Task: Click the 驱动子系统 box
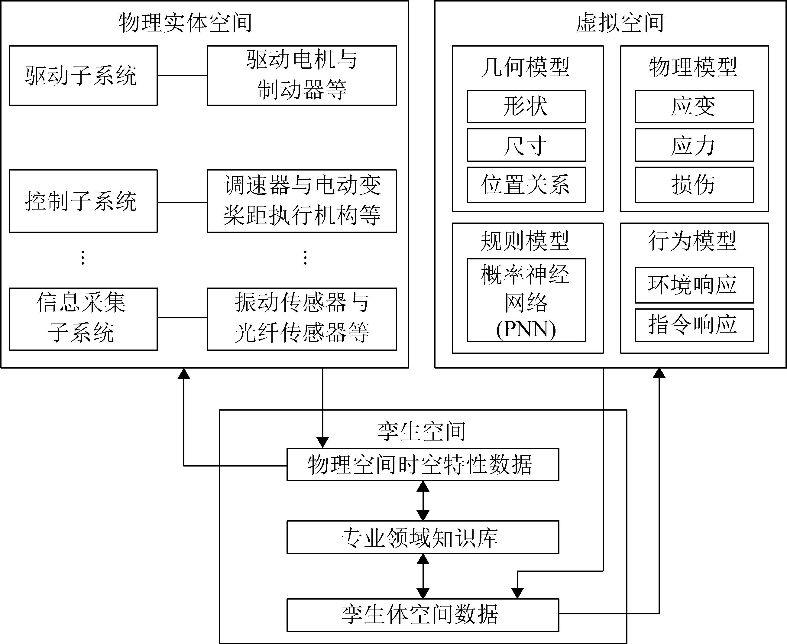click(x=83, y=76)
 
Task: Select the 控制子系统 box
click(x=83, y=201)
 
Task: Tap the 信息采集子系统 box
click(x=83, y=319)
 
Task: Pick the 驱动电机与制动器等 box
click(x=302, y=76)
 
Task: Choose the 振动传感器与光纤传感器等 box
click(x=302, y=319)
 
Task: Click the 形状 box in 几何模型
click(x=526, y=106)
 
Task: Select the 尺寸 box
click(x=526, y=145)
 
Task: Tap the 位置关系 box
click(x=526, y=185)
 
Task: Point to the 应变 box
click(x=694, y=106)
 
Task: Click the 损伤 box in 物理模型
click(x=694, y=185)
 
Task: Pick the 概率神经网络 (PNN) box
click(x=526, y=300)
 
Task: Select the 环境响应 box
click(x=694, y=285)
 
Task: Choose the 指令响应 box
click(x=694, y=325)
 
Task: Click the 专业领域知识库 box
click(x=423, y=537)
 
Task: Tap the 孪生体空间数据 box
click(x=423, y=615)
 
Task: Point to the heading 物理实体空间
click(x=186, y=23)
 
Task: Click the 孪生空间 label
click(x=421, y=431)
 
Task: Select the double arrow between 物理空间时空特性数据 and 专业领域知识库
click(x=423, y=501)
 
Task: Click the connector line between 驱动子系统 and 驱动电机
click(x=182, y=76)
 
